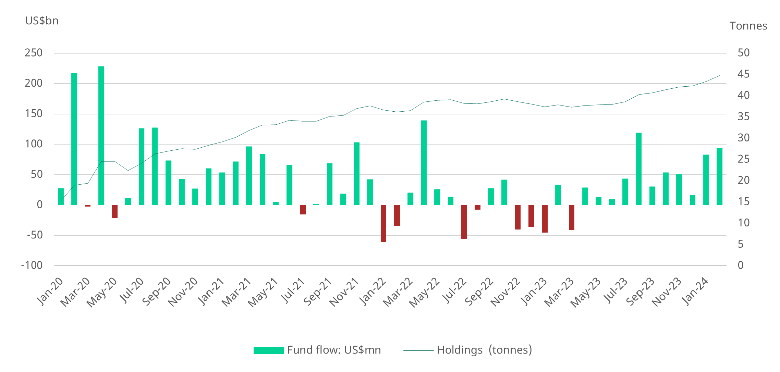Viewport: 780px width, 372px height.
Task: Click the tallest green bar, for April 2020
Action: pyautogui.click(x=101, y=136)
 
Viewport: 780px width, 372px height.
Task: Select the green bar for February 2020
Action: pyautogui.click(x=74, y=139)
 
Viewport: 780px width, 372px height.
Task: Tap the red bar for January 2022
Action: pyautogui.click(x=383, y=223)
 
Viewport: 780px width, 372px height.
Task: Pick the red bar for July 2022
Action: pyautogui.click(x=464, y=222)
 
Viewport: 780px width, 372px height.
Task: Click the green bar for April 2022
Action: pyautogui.click(x=424, y=163)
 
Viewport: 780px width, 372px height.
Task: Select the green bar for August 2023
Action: pyautogui.click(x=639, y=169)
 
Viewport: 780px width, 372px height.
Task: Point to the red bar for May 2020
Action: pyautogui.click(x=114, y=211)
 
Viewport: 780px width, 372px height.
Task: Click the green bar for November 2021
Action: pyautogui.click(x=356, y=174)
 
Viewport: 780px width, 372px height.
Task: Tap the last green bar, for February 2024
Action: pyautogui.click(x=719, y=176)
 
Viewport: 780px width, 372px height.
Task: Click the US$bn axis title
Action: pyautogui.click(x=42, y=21)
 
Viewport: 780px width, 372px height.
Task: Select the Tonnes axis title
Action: pyautogui.click(x=748, y=26)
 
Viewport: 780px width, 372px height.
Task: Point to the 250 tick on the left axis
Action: pyautogui.click(x=34, y=53)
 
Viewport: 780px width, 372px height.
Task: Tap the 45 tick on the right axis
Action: pyautogui.click(x=743, y=74)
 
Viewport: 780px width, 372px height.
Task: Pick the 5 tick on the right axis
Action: pyautogui.click(x=741, y=244)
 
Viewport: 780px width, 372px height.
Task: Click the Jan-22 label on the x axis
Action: pyautogui.click(x=373, y=291)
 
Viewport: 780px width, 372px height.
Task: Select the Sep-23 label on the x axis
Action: pyautogui.click(x=641, y=292)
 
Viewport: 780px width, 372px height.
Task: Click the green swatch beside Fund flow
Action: pyautogui.click(x=269, y=350)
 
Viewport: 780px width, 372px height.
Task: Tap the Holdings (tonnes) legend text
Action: pyautogui.click(x=484, y=350)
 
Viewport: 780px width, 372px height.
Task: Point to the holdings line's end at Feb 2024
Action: pyautogui.click(x=719, y=76)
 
